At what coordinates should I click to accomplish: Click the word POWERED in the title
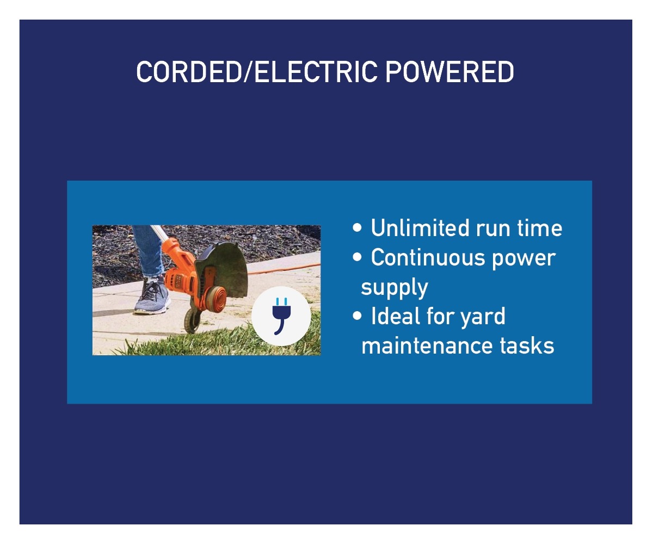(x=449, y=72)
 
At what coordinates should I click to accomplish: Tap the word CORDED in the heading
(x=189, y=72)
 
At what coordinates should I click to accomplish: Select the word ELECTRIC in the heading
(x=316, y=72)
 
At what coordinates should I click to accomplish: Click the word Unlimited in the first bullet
(x=420, y=228)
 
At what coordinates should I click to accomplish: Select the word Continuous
(x=428, y=258)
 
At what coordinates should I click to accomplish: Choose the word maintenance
(x=426, y=346)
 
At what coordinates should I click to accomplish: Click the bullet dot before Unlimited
(x=357, y=227)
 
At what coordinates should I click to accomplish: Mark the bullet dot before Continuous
(x=357, y=257)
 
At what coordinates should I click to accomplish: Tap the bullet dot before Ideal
(x=357, y=316)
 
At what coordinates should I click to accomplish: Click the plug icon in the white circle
(x=281, y=316)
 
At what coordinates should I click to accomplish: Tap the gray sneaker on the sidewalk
(x=152, y=296)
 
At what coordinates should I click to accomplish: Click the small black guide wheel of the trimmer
(x=192, y=321)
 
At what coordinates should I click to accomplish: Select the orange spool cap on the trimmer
(x=216, y=299)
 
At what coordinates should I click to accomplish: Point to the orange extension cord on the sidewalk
(x=283, y=269)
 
